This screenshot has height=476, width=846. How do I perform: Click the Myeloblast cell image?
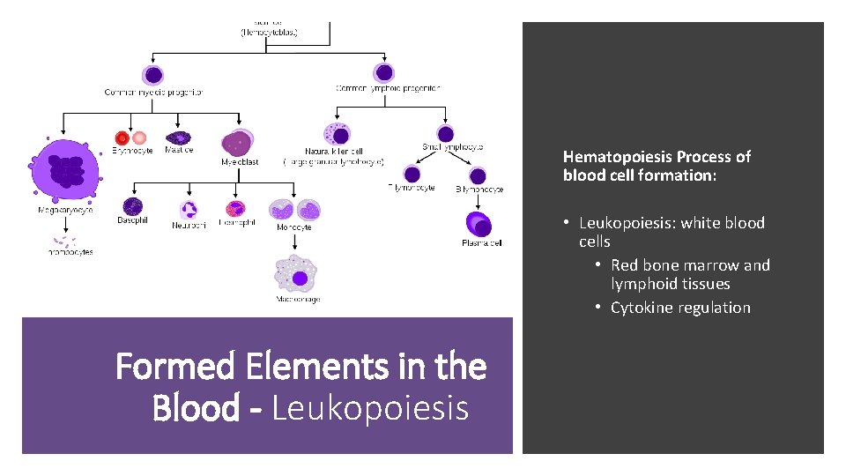pyautogui.click(x=238, y=143)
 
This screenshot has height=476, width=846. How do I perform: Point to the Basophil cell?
pyautogui.click(x=132, y=206)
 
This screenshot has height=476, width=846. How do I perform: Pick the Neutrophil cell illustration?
pyautogui.click(x=189, y=210)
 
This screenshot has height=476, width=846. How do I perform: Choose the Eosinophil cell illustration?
pyautogui.click(x=234, y=209)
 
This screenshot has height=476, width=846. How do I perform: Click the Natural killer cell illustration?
pyautogui.click(x=336, y=134)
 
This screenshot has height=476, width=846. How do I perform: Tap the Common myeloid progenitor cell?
pyautogui.click(x=153, y=75)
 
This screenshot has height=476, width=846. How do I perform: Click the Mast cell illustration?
pyautogui.click(x=179, y=138)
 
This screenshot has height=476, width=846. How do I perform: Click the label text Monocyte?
pyautogui.click(x=293, y=227)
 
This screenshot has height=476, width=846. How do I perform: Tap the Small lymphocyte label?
pyautogui.click(x=453, y=147)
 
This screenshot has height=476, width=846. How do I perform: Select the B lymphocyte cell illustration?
pyautogui.click(x=478, y=175)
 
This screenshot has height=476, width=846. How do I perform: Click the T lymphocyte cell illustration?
pyautogui.click(x=412, y=174)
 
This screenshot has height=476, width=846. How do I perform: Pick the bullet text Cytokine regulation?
pyautogui.click(x=680, y=308)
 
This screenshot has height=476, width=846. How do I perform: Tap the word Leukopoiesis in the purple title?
pyautogui.click(x=370, y=408)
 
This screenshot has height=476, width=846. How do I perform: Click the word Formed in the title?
pyautogui.click(x=169, y=366)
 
